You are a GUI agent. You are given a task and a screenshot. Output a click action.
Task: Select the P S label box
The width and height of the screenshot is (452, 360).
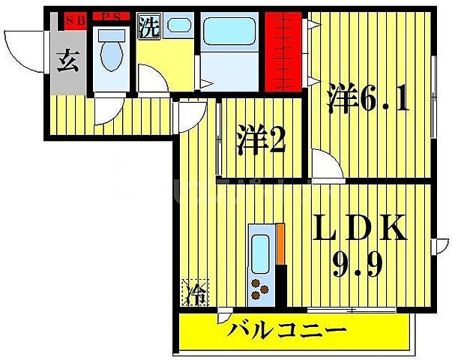(112, 18)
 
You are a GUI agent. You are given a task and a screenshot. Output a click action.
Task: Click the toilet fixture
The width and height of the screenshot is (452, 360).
(113, 53)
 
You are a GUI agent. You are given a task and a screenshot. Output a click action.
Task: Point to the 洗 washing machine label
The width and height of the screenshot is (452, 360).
(150, 28)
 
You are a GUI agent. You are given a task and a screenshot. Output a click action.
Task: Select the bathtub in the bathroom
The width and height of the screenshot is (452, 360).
(229, 34)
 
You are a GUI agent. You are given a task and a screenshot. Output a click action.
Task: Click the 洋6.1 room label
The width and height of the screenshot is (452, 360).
(367, 98)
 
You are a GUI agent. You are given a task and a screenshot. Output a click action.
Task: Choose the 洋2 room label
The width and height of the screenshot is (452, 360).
(262, 142)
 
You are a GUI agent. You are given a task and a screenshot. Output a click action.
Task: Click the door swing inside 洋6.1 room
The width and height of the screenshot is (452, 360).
(326, 163)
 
